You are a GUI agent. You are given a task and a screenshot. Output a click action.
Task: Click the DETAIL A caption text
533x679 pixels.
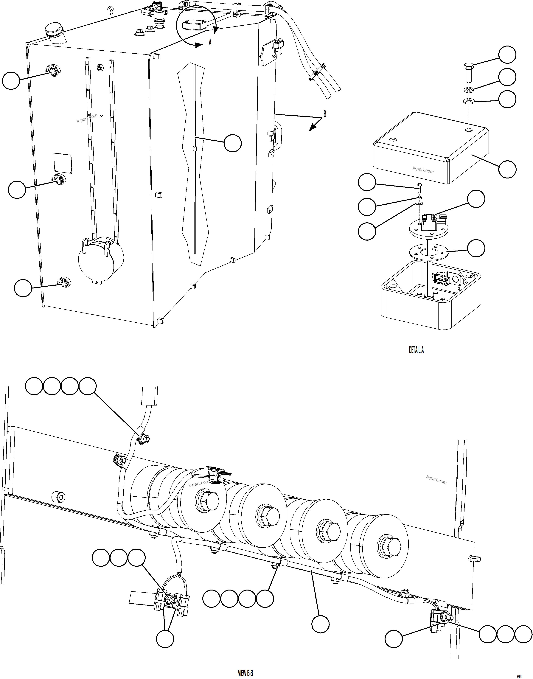[x=416, y=350]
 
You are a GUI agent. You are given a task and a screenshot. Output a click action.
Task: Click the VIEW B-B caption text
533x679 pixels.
[x=245, y=673]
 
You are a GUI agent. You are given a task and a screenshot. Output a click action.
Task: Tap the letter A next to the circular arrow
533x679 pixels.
[x=210, y=42]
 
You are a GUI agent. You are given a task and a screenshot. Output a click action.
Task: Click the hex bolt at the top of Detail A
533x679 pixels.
[x=467, y=72]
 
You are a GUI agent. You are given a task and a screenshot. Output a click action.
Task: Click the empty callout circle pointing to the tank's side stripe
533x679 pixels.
[x=232, y=143]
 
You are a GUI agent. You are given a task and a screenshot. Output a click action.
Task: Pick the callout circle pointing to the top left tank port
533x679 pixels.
[x=11, y=80]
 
